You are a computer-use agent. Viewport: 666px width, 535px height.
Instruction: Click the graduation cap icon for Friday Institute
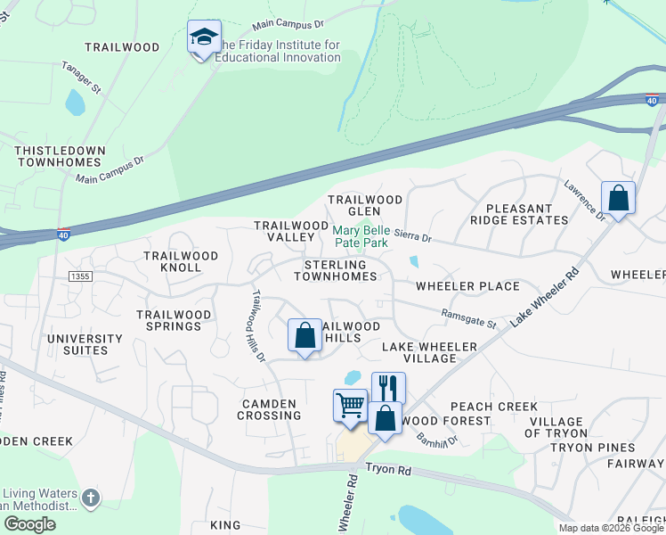(x=204, y=37)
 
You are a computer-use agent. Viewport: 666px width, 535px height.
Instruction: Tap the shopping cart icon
(x=350, y=404)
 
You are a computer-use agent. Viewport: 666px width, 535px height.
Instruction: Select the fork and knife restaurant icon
(x=388, y=387)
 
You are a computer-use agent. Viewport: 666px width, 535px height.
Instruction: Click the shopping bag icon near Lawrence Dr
(x=618, y=197)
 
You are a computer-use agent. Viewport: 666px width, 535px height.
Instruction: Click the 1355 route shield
(x=79, y=278)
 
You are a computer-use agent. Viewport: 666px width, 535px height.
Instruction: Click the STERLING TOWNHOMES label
(x=335, y=271)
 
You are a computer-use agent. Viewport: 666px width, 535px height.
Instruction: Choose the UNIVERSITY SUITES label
(x=85, y=344)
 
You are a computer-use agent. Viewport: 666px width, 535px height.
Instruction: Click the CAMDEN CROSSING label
(x=268, y=410)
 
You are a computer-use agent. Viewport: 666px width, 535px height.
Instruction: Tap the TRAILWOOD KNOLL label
(x=181, y=261)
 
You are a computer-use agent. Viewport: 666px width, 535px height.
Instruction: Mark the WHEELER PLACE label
(x=467, y=286)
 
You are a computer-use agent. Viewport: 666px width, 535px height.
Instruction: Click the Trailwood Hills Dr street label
(x=258, y=325)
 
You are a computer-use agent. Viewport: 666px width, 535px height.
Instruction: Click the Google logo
(x=29, y=523)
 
